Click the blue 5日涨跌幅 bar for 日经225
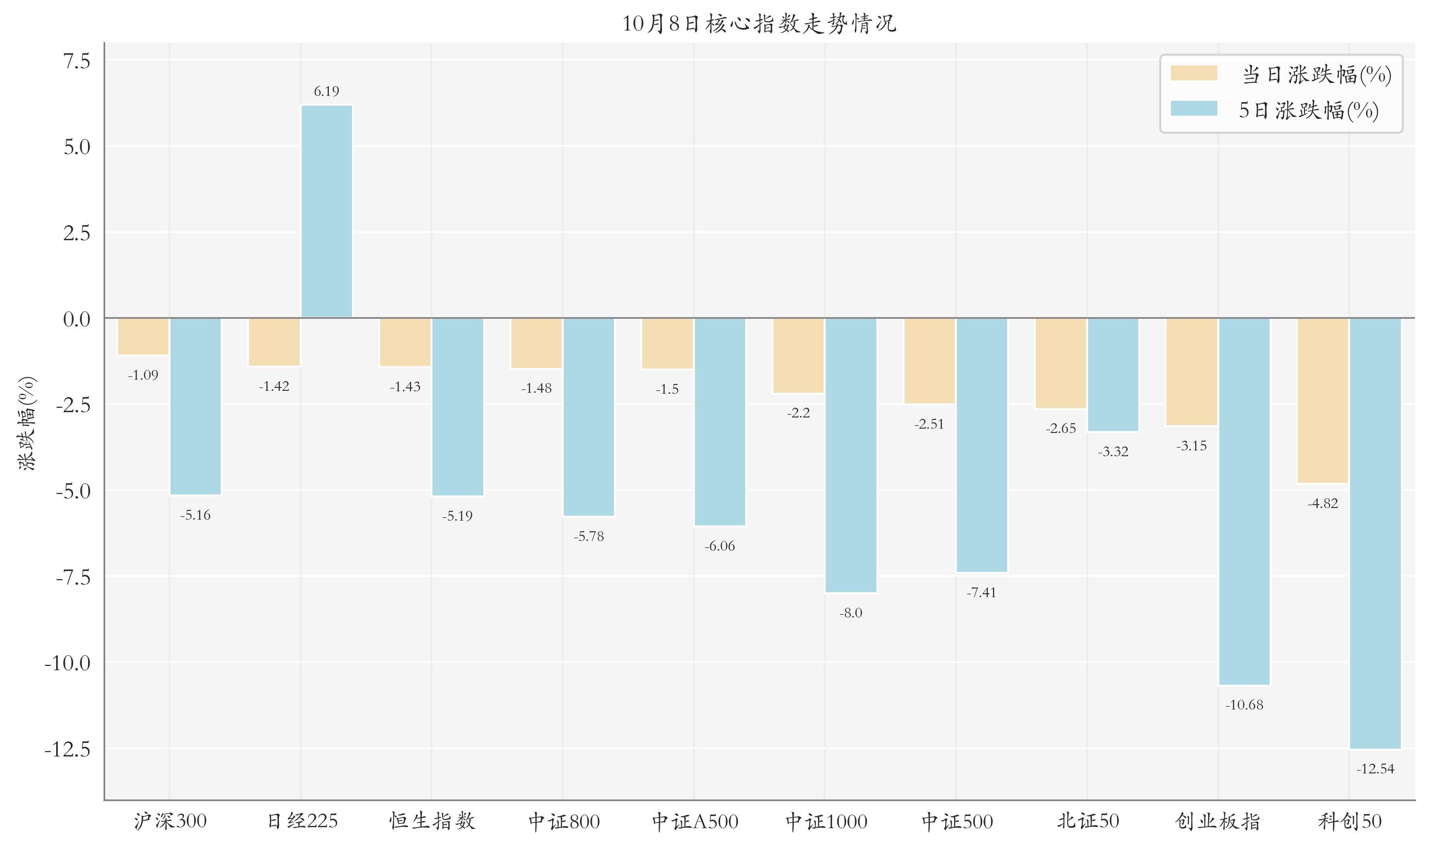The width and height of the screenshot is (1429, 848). click(x=327, y=212)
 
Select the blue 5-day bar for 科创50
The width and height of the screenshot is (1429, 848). click(x=1375, y=533)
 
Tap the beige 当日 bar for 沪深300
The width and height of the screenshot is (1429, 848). click(x=143, y=337)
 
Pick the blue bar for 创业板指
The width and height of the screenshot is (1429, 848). click(x=1245, y=501)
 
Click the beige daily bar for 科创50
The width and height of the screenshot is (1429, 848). click(x=1323, y=401)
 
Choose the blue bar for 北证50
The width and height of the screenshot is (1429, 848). click(x=1113, y=375)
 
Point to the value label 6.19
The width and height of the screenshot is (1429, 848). click(x=327, y=92)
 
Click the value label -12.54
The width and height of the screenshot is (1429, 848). click(x=1375, y=769)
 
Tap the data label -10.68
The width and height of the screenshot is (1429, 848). click(x=1245, y=705)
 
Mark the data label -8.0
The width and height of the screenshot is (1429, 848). click(x=851, y=613)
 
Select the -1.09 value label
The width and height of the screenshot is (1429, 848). click(x=143, y=375)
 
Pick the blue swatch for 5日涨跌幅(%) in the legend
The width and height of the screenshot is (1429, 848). click(x=1194, y=108)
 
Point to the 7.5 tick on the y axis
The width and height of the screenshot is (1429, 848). click(x=77, y=61)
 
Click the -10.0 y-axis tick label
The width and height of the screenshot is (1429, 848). click(x=67, y=663)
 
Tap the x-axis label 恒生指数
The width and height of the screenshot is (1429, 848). click(x=432, y=821)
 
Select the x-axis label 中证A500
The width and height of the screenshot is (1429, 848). click(x=695, y=822)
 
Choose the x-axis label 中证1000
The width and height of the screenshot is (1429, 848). click(x=826, y=822)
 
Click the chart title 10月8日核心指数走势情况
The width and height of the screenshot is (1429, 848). click(x=759, y=23)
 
